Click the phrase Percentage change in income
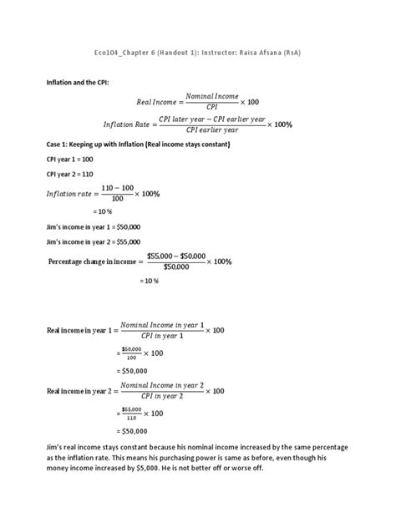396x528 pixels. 94,261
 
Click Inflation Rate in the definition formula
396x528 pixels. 128,124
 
